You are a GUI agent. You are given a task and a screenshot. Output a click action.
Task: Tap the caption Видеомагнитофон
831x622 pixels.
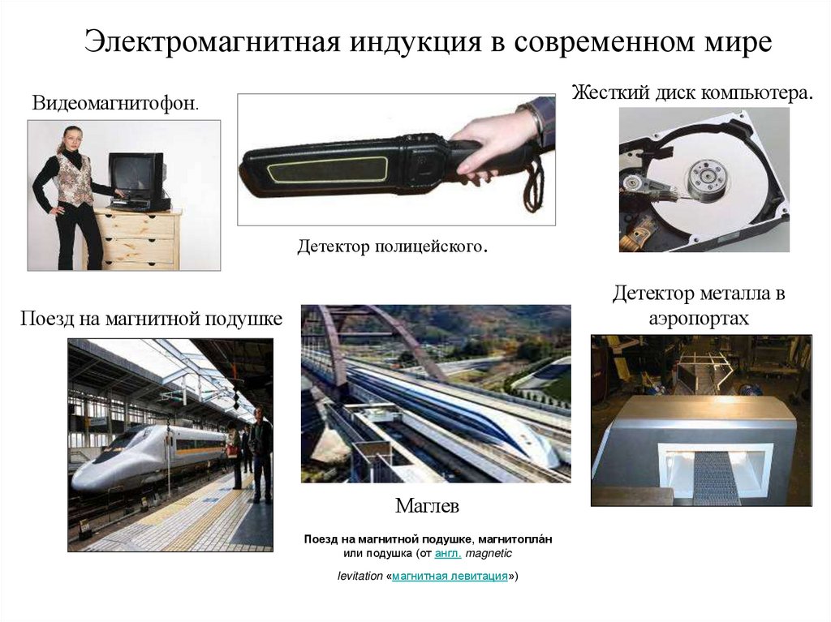tap(115, 103)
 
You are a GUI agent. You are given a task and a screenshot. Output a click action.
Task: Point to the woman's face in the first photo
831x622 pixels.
tap(73, 139)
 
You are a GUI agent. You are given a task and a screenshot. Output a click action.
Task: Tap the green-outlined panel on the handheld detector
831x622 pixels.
tap(326, 171)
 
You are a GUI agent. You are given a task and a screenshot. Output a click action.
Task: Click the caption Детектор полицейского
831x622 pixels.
tap(393, 247)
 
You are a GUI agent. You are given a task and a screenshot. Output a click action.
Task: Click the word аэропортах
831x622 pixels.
tap(699, 319)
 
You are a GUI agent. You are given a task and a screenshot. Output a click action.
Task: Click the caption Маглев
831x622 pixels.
tap(427, 506)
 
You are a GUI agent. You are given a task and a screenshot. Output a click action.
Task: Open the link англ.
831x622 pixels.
tap(448, 554)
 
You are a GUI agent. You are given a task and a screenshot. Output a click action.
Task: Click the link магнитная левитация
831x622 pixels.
tap(450, 576)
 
